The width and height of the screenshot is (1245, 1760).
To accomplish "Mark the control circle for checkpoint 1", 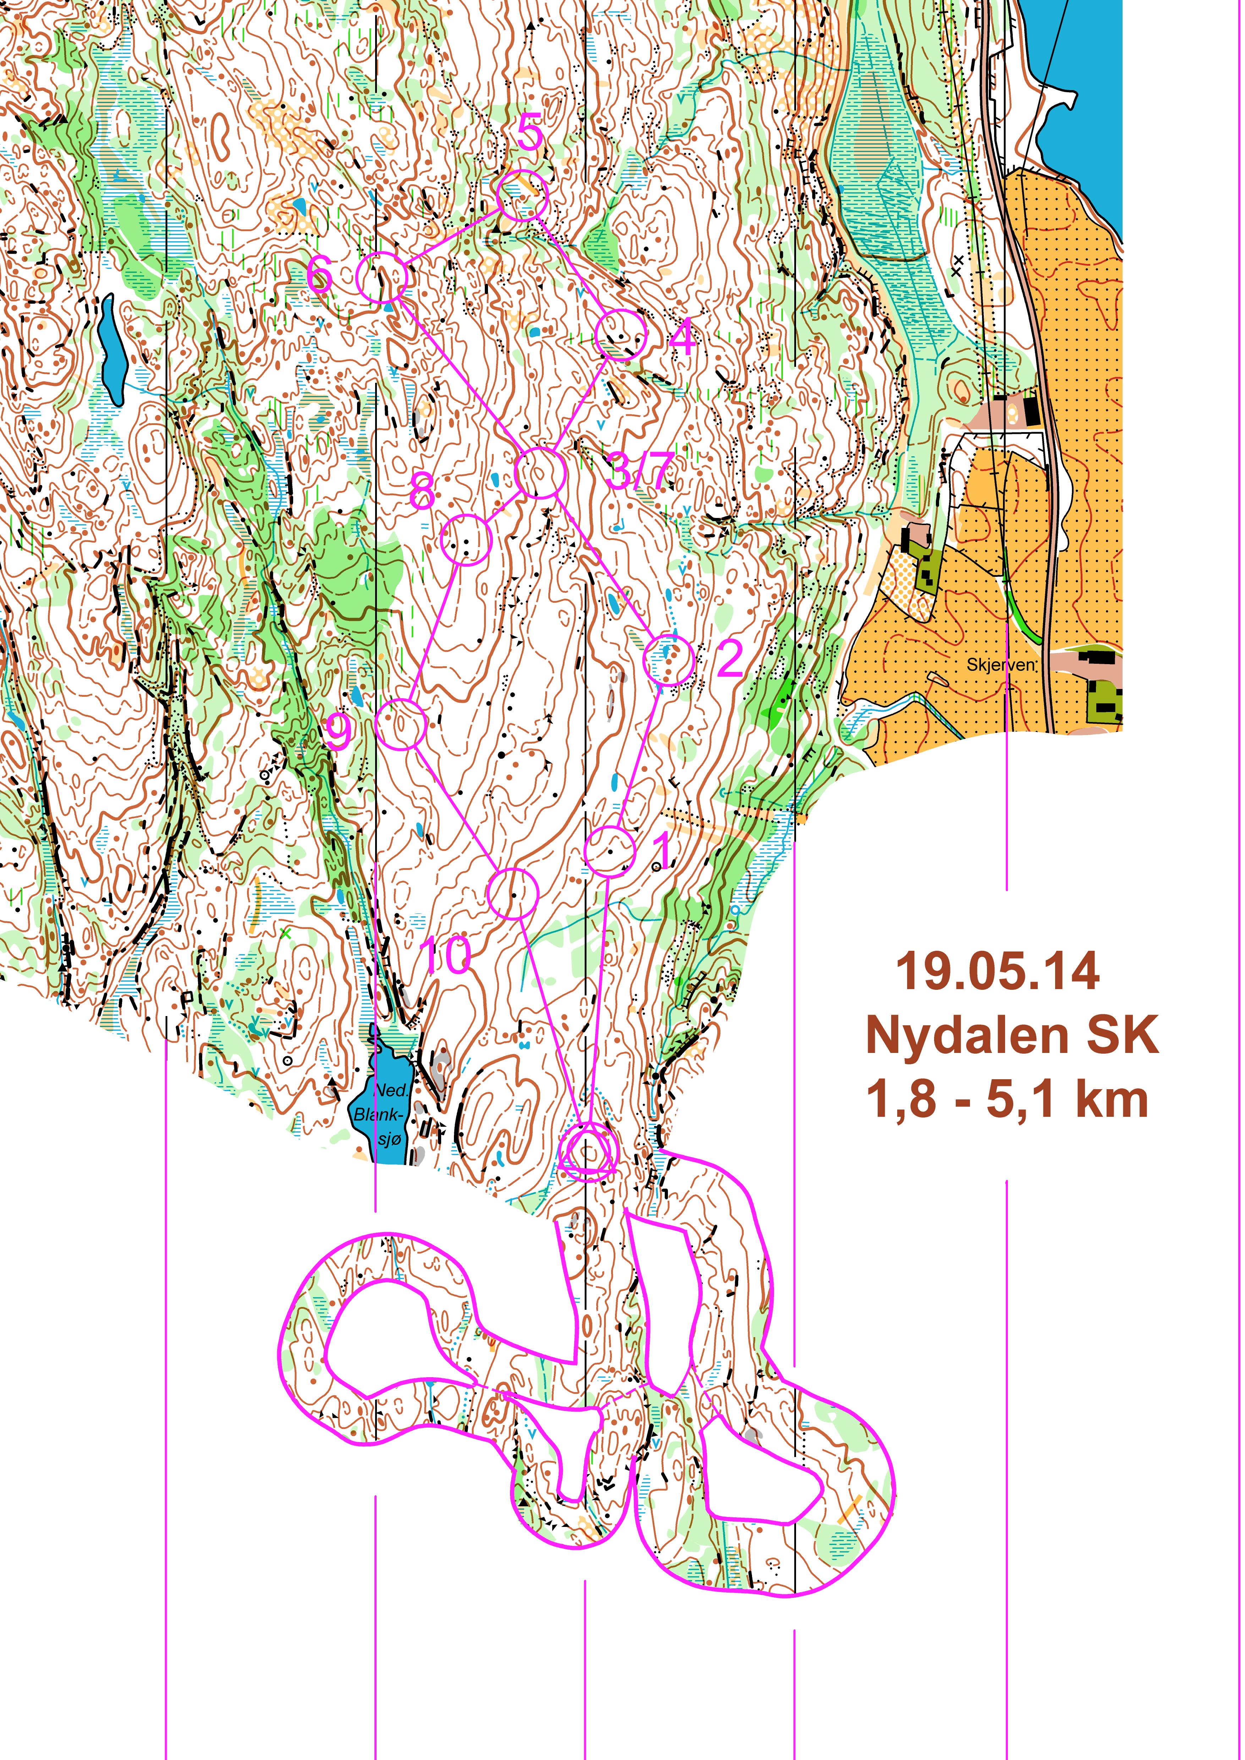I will click(610, 852).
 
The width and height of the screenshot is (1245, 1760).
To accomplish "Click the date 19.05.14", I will click(997, 971).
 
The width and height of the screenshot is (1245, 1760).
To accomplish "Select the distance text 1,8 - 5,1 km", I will click(1007, 1100).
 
